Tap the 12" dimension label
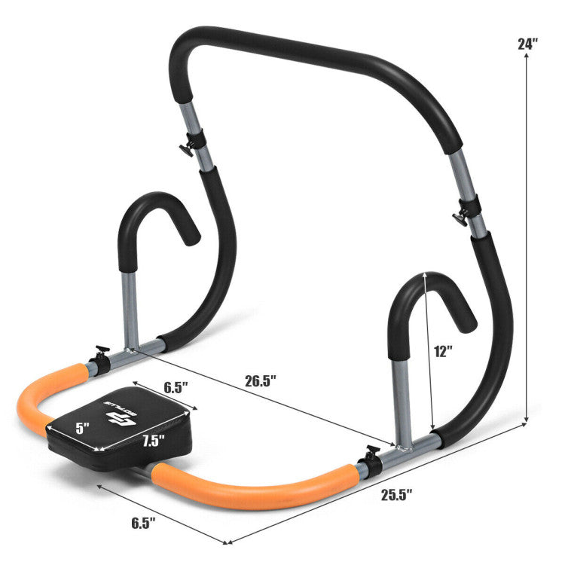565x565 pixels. pos(444,351)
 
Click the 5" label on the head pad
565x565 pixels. pos(82,426)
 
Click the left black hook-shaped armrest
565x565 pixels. pos(154,218)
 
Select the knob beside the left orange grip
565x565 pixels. pos(99,352)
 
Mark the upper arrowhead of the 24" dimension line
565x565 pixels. pos(526,62)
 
